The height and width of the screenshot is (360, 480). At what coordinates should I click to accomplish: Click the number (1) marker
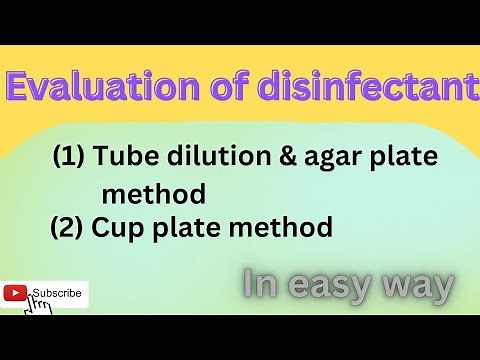pos(69,157)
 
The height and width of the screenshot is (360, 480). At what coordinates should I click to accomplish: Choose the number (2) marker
pos(67,227)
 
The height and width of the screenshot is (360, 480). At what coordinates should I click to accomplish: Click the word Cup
pos(118,228)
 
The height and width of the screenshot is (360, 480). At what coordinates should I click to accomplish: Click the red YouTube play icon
pos(15,293)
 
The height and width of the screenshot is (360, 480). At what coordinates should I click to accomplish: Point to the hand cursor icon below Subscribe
pos(37,305)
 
